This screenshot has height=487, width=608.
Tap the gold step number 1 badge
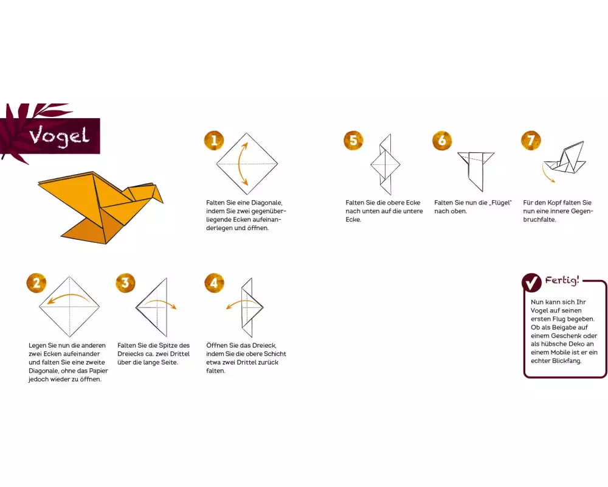pos(214,140)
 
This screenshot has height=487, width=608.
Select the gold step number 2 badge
pos(36,282)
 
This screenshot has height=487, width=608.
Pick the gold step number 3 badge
pos(125,282)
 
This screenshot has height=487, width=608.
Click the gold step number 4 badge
pos(214,282)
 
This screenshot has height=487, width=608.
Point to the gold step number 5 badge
pos(353,140)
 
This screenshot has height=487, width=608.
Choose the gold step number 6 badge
pos(442,140)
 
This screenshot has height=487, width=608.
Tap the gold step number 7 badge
pos(531,140)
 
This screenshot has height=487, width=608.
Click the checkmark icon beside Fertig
pos(531,282)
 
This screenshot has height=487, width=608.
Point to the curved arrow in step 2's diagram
pos(69,298)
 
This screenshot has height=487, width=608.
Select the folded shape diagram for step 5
pos(385,164)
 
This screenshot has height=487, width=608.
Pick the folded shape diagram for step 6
pos(476,171)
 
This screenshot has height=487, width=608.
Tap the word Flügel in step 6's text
pos(500,203)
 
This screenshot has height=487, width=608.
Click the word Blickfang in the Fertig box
pos(566,361)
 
